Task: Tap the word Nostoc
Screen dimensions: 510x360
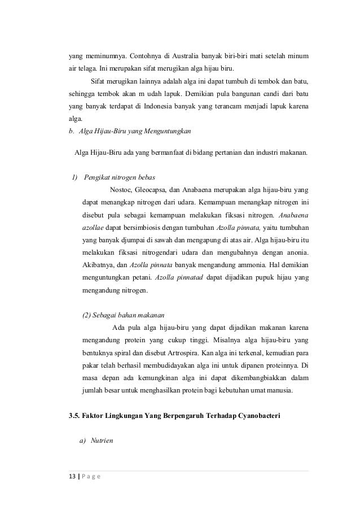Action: (x=121, y=190)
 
